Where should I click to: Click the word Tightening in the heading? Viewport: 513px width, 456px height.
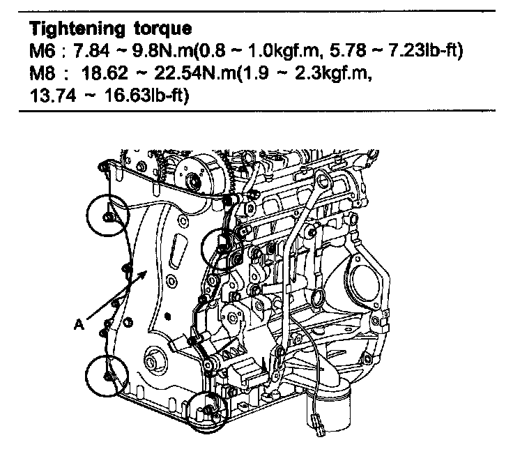click(77, 29)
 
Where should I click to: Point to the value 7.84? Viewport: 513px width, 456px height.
click(91, 52)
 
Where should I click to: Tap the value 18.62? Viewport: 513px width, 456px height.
click(105, 74)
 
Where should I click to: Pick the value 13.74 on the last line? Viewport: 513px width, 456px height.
click(53, 96)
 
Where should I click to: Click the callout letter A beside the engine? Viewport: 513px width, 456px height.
click(79, 325)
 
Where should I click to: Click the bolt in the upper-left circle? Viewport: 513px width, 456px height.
click(107, 217)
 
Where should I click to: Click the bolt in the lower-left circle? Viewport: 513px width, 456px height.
click(107, 377)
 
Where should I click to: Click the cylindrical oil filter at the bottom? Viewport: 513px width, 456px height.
click(328, 408)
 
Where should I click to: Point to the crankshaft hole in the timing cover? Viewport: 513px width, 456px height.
click(152, 361)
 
